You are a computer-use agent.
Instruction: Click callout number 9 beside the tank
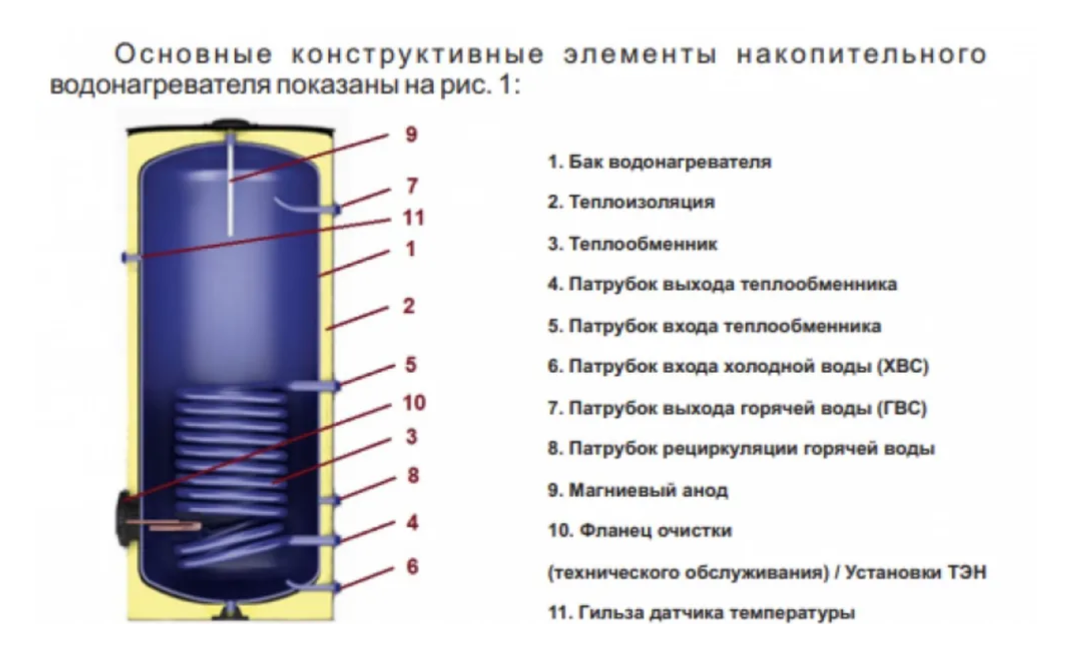411,134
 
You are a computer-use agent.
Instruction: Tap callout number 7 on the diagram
412,186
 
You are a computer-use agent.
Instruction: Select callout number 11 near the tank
413,218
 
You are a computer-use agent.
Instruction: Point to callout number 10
413,403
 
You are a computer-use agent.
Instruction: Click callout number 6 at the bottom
412,566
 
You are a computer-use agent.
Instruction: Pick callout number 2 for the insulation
409,306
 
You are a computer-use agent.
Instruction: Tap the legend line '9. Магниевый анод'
637,490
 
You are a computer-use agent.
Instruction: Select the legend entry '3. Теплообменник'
632,244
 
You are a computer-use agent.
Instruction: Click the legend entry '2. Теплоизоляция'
630,202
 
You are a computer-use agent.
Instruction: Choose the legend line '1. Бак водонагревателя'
659,162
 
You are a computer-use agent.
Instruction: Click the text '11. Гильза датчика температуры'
701,612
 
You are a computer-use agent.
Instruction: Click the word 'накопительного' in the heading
862,54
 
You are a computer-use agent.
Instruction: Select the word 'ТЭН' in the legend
966,572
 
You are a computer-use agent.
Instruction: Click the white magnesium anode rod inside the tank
230,194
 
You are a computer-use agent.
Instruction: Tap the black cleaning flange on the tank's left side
124,511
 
